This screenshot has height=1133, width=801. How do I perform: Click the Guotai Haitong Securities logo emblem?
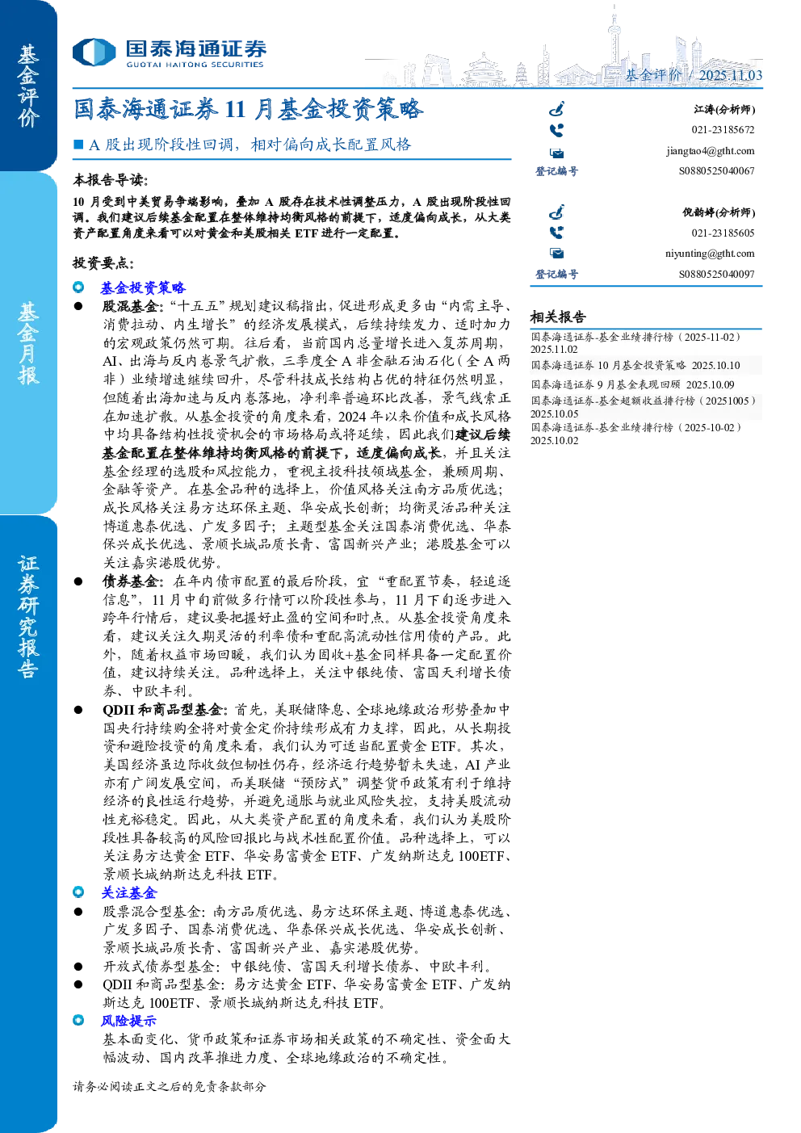coord(94,52)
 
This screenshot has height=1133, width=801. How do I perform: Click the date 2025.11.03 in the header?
coord(731,75)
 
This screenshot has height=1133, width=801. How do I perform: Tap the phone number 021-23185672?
coord(723,130)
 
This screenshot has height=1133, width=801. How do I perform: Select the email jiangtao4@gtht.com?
coord(710,151)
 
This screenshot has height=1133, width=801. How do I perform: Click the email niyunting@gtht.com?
coord(710,254)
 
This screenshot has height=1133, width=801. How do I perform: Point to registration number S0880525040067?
coord(716,171)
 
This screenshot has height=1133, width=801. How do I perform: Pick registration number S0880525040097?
coord(716,274)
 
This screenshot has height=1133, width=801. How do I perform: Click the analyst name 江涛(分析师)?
coord(724,109)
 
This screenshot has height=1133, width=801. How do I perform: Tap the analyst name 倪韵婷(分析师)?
coord(719,212)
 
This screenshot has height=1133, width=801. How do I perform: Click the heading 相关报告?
coord(558,317)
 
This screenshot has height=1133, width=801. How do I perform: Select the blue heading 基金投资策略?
coord(143,287)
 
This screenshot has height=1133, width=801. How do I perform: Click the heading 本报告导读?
coord(111,180)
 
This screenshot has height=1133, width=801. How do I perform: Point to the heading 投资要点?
coord(103,263)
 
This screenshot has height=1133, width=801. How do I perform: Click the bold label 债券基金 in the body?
coord(131,581)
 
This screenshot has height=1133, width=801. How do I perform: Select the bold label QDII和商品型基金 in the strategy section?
coord(162,710)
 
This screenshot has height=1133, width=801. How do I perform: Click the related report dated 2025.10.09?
coord(632,385)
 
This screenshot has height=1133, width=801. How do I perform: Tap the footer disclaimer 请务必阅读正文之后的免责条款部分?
coord(170,1086)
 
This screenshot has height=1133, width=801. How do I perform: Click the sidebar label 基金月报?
coord(28,343)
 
